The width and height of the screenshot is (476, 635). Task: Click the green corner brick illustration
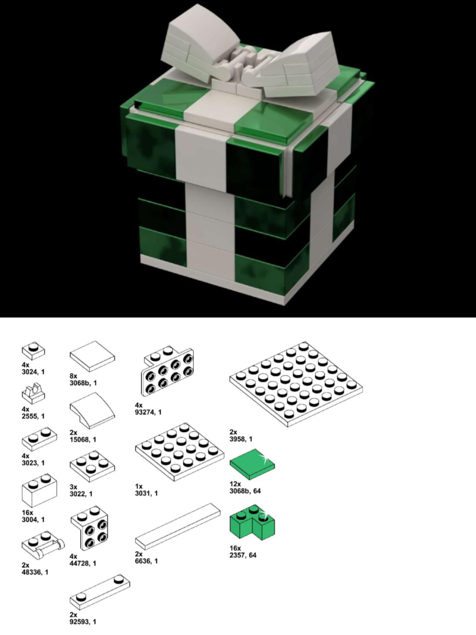click(x=252, y=523)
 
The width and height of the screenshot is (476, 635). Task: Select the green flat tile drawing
click(x=252, y=464)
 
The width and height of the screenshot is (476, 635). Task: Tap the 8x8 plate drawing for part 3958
click(x=296, y=384)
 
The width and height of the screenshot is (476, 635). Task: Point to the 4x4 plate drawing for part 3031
click(x=179, y=452)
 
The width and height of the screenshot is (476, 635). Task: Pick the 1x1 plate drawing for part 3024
click(x=33, y=351)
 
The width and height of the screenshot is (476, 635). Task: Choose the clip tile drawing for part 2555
click(x=33, y=394)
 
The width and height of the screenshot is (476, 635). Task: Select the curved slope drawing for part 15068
click(x=92, y=411)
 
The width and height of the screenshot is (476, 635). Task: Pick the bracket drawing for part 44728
click(x=89, y=528)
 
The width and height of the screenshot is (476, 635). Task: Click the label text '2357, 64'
click(x=243, y=555)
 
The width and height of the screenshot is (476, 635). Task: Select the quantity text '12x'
click(x=235, y=484)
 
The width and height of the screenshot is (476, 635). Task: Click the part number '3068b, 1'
click(x=83, y=383)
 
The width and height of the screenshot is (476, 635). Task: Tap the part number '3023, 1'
click(x=33, y=463)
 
